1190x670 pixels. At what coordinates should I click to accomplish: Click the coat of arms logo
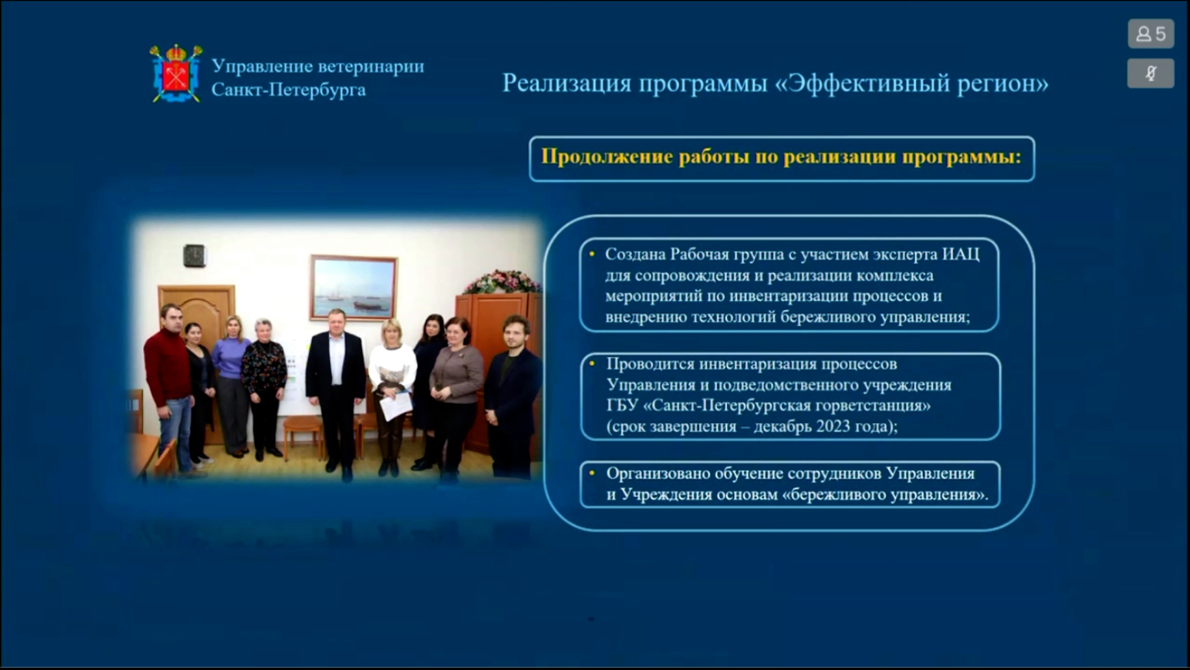point(176,73)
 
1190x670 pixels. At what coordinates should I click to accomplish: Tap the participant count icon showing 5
point(1151,33)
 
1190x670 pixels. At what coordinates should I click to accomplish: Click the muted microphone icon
point(1151,73)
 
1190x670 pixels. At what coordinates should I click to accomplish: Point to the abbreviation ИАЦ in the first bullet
point(961,254)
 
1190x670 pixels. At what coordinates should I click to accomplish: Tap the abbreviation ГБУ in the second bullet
point(622,406)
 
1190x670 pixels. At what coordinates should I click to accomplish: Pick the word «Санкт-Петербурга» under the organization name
point(289,90)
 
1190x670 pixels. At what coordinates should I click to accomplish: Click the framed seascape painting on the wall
point(353,287)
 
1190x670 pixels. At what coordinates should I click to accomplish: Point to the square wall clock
point(194,255)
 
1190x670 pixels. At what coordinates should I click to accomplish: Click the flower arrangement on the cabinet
point(502,282)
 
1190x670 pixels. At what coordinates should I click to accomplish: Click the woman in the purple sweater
point(231,385)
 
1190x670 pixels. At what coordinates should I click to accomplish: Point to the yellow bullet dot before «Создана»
point(592,254)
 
